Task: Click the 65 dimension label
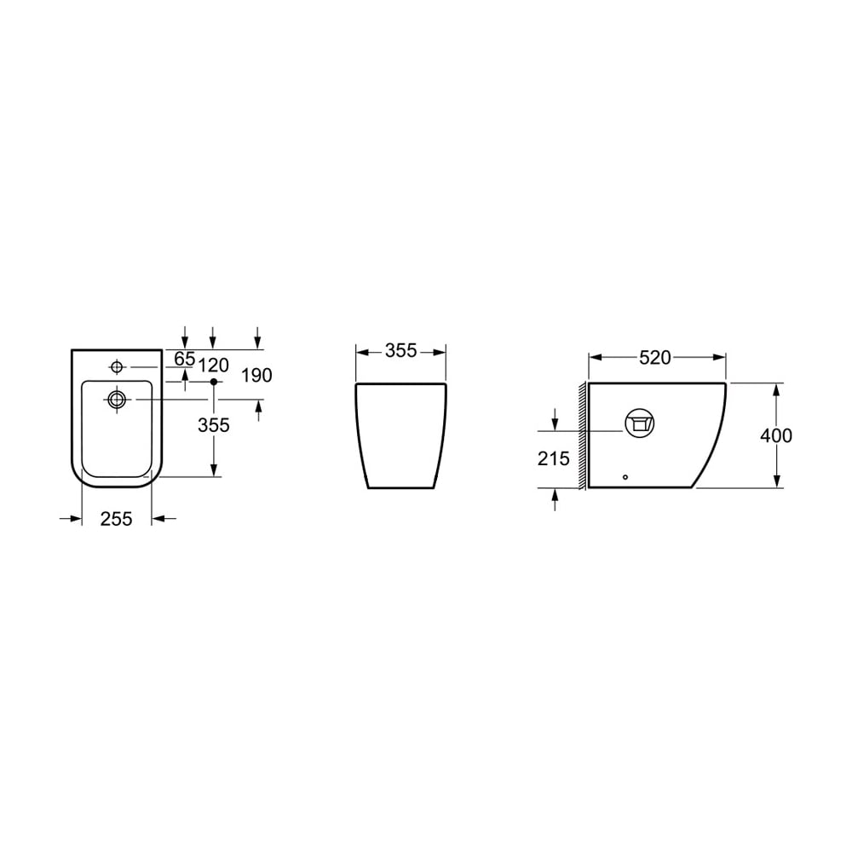[185, 359]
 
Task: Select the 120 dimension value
[213, 366]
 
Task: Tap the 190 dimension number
[256, 376]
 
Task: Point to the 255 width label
[116, 519]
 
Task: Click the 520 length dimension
[655, 358]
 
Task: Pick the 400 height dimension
[776, 435]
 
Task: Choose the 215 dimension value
[553, 459]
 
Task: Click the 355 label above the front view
[401, 351]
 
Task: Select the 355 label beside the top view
[214, 425]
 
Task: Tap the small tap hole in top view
[117, 366]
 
